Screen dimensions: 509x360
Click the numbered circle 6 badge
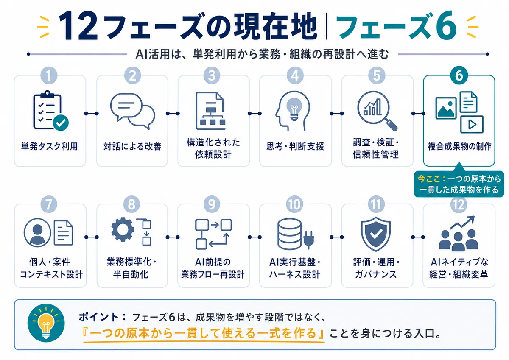[459, 75]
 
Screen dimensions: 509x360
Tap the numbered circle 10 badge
[295, 204]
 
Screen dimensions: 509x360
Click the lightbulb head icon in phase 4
[293, 110]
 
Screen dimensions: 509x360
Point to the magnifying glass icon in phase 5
[377, 111]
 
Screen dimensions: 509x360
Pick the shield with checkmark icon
[376, 234]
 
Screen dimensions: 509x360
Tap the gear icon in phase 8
[123, 229]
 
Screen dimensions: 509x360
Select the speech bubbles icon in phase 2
[132, 111]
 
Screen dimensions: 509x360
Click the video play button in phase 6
[472, 124]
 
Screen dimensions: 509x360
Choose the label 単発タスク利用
[50, 146]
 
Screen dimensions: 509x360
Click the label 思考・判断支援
[295, 146]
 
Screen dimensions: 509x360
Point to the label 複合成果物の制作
[459, 146]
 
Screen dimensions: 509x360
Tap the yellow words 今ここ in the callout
[428, 179]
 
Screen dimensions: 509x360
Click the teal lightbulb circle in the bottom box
[46, 323]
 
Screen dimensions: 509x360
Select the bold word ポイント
[98, 317]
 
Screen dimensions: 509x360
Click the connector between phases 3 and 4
[255, 113]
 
